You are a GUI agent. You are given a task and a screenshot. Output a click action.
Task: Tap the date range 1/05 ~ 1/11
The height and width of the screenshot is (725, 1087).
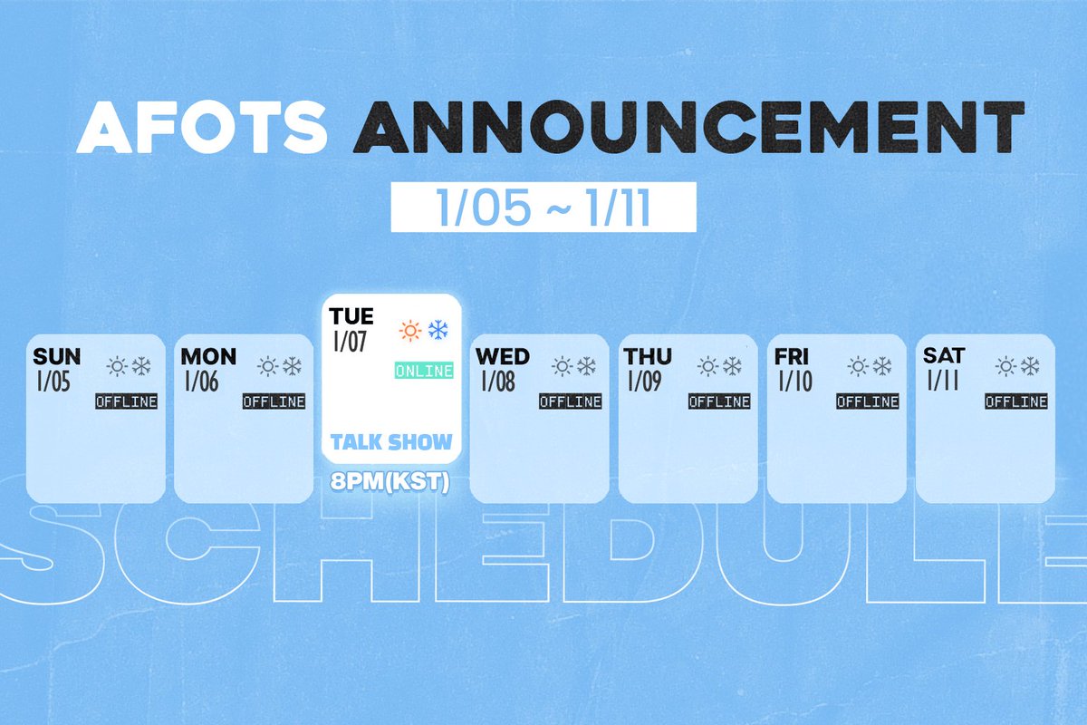tap(543, 208)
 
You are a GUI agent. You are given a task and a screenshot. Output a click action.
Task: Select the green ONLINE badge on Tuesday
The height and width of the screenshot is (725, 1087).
tap(424, 371)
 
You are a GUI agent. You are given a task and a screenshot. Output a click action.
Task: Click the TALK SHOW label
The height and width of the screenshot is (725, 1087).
tap(391, 442)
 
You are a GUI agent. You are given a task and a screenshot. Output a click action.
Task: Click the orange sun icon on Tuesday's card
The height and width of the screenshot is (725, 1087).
tap(411, 331)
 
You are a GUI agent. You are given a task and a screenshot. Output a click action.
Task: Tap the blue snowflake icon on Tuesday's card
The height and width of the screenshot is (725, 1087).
tap(438, 331)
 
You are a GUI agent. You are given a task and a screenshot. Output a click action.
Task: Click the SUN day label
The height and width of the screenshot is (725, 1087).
tap(57, 356)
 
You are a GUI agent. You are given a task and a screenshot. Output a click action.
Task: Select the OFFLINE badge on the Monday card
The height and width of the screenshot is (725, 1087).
tap(274, 401)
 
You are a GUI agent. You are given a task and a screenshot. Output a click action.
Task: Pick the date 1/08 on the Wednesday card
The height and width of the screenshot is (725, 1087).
tap(497, 382)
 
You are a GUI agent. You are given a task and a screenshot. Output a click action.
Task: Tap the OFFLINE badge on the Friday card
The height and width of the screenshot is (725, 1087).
tap(867, 401)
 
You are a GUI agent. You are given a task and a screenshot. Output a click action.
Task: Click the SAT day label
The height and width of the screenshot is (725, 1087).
tap(944, 355)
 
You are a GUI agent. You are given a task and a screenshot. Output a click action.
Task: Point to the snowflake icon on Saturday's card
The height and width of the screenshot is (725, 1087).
tap(1030, 365)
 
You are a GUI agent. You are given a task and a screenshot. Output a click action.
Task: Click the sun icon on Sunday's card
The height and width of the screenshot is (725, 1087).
tap(117, 366)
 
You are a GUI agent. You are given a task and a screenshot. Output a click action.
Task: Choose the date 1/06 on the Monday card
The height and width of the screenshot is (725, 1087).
tap(201, 382)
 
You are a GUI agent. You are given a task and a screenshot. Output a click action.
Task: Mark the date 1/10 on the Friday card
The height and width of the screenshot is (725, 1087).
tap(795, 382)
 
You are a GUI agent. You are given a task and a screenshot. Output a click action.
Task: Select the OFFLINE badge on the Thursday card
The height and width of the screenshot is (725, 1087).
tap(718, 401)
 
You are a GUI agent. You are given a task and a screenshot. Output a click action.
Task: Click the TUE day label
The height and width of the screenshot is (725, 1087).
tap(352, 317)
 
